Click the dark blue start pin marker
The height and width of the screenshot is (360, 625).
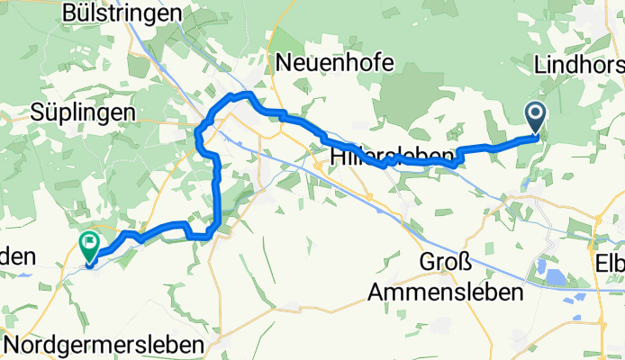click(x=535, y=118)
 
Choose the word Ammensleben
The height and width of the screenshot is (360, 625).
click(x=447, y=292)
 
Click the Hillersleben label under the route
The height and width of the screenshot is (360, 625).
click(x=392, y=157)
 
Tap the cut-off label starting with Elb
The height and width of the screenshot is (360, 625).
click(x=610, y=264)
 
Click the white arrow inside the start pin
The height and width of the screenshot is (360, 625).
click(x=535, y=113)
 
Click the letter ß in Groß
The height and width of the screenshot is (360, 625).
click(x=465, y=264)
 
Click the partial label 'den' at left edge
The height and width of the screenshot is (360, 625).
click(x=11, y=255)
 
